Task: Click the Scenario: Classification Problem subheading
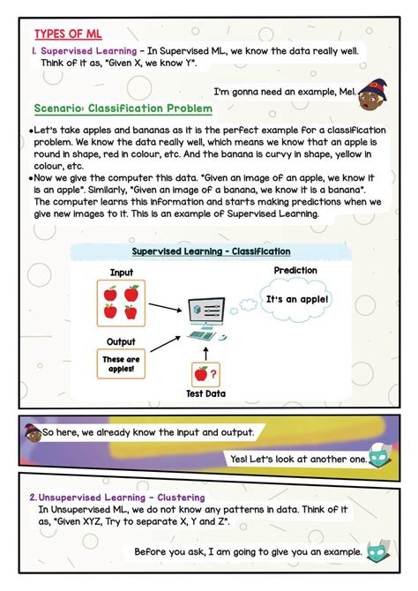[x=123, y=108]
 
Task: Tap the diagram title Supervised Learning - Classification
[x=211, y=251]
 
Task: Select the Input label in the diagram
[x=123, y=273]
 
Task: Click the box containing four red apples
[x=122, y=303]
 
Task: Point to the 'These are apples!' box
[x=121, y=364]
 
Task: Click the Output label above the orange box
[x=122, y=340]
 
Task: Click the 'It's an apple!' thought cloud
[x=296, y=300]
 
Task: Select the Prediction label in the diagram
[x=295, y=270]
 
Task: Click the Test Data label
[x=205, y=393]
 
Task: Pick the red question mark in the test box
[x=214, y=373]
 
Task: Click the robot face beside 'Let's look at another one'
[x=382, y=457]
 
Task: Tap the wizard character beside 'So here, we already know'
[x=33, y=432]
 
